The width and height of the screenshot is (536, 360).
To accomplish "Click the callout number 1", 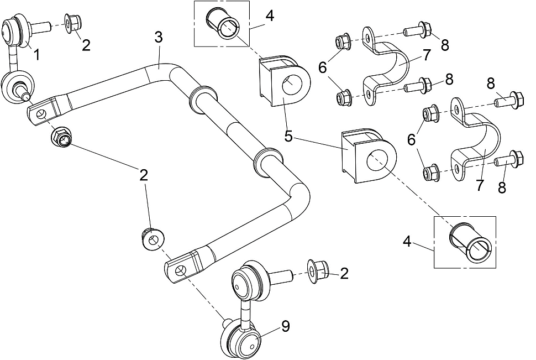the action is point(36,54).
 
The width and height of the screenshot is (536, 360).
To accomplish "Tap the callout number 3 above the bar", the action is point(158,38).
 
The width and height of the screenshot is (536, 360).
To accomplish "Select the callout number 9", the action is point(286,326).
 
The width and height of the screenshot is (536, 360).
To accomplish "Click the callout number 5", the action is point(289,137).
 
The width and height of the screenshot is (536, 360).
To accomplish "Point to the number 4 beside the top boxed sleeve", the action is point(270,15).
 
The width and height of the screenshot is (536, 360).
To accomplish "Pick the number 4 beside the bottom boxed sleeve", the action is point(407,242).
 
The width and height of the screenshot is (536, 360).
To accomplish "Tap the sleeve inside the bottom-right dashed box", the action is point(470,244).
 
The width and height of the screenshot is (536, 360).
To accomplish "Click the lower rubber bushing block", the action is point(369,156).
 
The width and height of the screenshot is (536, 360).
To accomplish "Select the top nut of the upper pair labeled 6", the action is point(343,41).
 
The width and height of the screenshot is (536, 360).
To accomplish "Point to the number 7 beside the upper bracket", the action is point(427,55).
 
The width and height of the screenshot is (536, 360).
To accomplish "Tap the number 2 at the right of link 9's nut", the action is point(344,273).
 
